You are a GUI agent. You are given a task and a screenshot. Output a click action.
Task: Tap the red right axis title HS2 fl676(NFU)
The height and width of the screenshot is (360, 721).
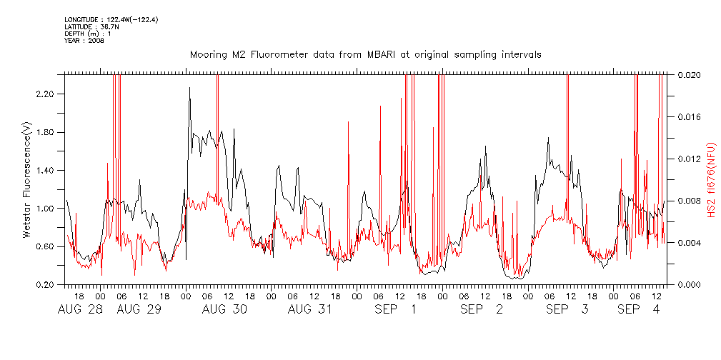[711, 179]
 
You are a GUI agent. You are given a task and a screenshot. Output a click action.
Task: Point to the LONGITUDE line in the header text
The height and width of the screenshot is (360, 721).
[111, 19]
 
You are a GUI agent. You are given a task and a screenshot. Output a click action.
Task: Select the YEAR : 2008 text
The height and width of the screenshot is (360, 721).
[84, 40]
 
